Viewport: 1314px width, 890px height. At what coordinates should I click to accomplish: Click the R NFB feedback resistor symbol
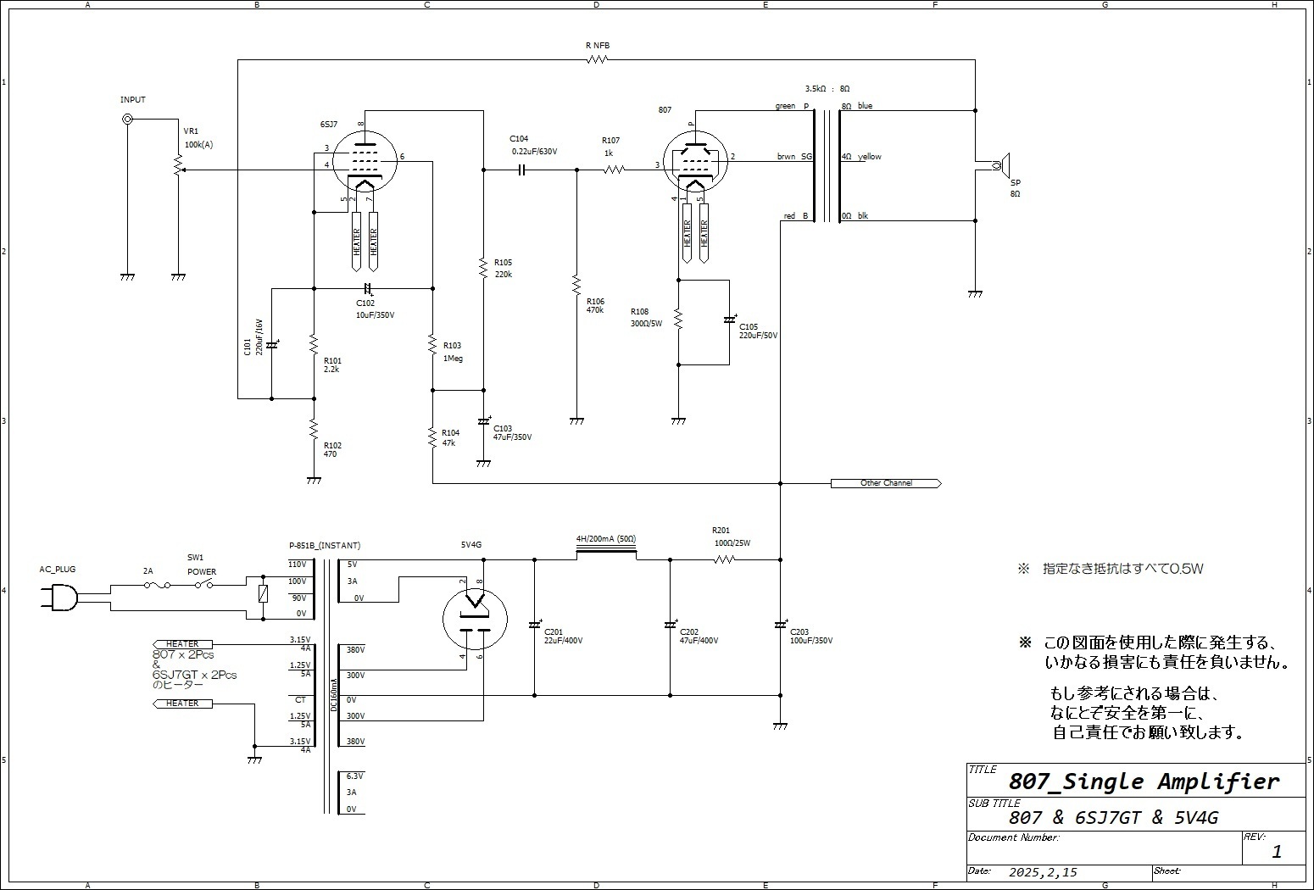point(598,59)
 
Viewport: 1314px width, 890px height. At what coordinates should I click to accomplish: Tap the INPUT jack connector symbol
point(128,120)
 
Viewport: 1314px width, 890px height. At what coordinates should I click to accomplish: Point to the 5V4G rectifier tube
point(475,619)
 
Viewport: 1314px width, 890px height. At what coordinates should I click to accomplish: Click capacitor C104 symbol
point(521,170)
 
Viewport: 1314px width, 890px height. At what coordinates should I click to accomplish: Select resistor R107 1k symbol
point(614,170)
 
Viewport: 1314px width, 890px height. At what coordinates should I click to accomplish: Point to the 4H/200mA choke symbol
point(605,551)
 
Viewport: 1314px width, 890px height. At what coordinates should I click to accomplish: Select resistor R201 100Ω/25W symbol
point(723,559)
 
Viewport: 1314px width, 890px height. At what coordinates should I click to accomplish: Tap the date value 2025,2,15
point(1043,872)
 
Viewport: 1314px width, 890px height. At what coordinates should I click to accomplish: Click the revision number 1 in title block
point(1277,852)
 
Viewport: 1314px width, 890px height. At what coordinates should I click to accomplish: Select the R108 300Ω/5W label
point(646,318)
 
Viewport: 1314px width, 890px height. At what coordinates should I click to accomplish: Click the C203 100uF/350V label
point(811,637)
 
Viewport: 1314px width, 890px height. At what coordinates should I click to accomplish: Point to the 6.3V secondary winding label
point(354,776)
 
